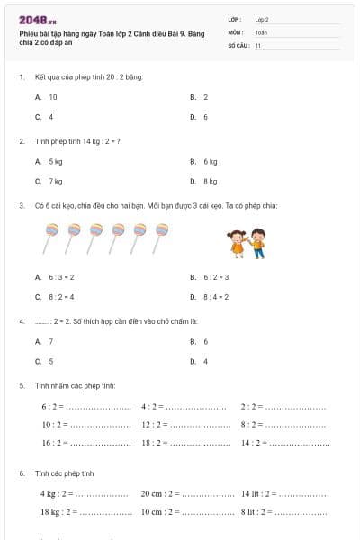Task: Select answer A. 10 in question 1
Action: (47, 96)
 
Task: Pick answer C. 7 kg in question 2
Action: (49, 181)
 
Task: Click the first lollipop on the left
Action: (50, 238)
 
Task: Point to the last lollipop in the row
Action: (162, 238)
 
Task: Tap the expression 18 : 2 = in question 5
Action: (154, 443)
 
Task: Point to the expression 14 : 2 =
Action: (253, 443)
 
